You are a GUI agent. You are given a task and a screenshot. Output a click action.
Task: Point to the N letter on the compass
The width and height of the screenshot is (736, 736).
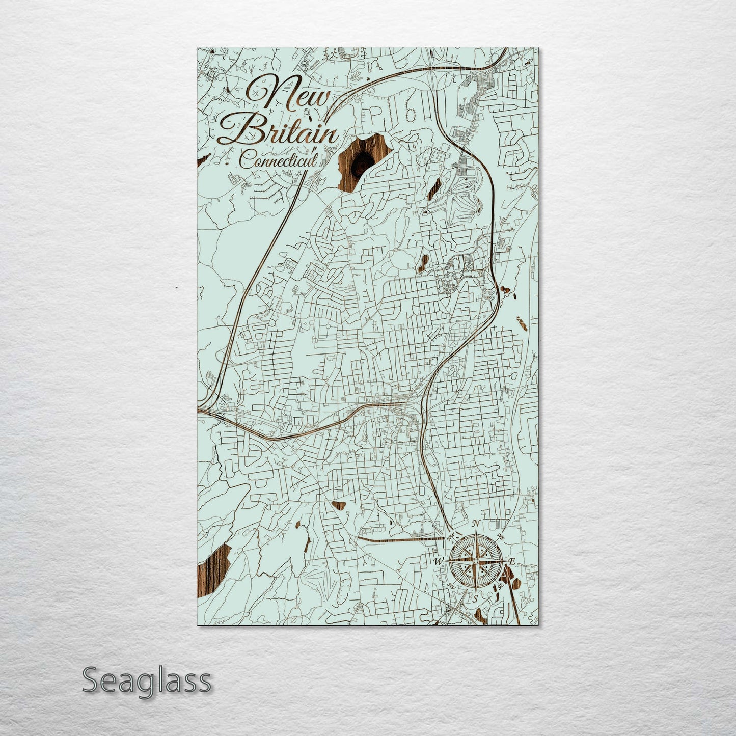pyautogui.click(x=476, y=524)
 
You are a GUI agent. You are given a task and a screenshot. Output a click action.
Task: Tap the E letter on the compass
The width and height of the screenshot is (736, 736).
pyautogui.click(x=513, y=561)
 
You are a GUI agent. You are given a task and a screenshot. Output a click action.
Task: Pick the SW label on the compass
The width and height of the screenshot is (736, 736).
pyautogui.click(x=450, y=586)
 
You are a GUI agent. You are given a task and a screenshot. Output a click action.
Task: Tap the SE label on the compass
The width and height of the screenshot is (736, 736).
pyautogui.click(x=501, y=586)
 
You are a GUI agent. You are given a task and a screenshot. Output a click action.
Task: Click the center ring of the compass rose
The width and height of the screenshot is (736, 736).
pyautogui.click(x=475, y=561)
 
